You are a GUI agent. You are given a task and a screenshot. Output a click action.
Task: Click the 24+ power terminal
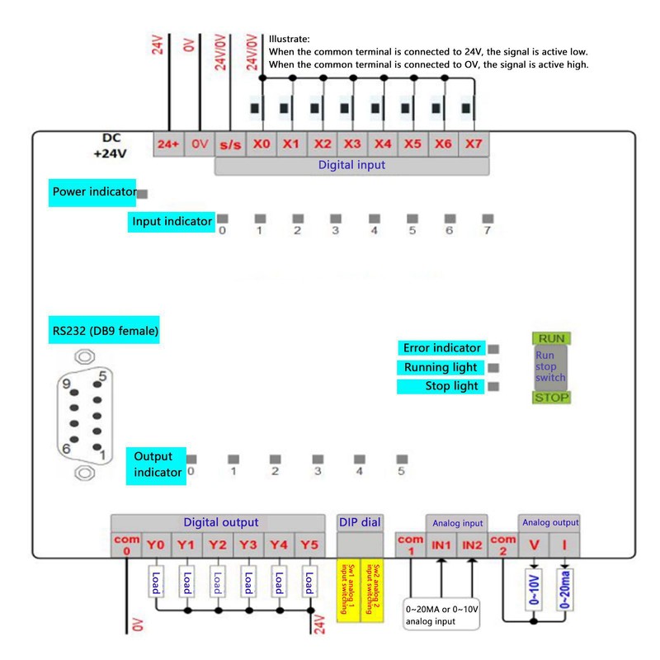168,144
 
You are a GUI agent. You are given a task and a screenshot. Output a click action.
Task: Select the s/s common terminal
230,144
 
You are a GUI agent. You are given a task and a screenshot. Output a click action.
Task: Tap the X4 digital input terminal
382,144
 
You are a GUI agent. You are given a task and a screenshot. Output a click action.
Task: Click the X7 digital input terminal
473,144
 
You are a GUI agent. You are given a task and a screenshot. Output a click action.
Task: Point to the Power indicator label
93,192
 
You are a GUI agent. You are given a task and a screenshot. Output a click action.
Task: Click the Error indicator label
441,348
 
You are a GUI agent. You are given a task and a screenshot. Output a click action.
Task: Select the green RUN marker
551,338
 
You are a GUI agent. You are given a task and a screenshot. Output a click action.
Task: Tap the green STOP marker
551,398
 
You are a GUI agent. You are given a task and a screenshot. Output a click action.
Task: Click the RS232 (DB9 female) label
105,332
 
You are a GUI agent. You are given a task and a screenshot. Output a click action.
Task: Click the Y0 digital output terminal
157,545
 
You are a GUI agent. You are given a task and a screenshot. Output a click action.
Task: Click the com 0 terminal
127,545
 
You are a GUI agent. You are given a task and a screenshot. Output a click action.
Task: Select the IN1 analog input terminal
441,545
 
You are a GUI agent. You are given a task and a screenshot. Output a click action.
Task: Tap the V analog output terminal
534,545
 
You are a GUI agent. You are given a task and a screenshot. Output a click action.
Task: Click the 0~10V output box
534,591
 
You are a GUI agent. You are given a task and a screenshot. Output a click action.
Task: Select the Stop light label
441,386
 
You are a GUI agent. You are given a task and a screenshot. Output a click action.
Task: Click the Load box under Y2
218,582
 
